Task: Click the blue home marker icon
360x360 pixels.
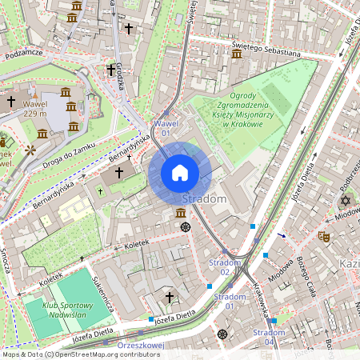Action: [x=180, y=172]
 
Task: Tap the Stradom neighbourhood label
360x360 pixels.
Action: [x=206, y=198]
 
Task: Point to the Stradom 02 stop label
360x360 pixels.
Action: [x=225, y=267]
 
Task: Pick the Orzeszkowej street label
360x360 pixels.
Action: [x=140, y=346]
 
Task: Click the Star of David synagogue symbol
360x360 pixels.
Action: [x=346, y=200]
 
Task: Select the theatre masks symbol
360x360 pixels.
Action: [x=324, y=236]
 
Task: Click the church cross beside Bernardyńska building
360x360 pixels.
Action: [x=119, y=172]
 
